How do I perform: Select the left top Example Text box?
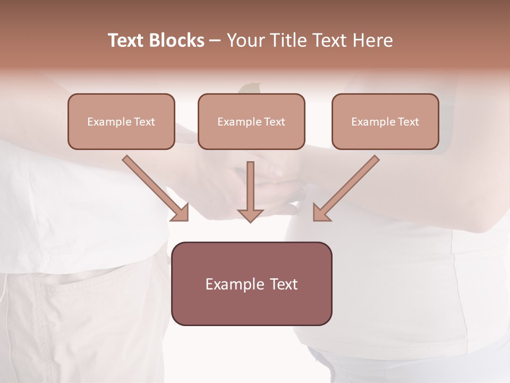pyautogui.click(x=121, y=121)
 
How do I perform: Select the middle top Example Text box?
pyautogui.click(x=251, y=121)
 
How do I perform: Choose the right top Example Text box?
pyautogui.click(x=385, y=121)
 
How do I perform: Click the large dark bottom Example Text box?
pyautogui.click(x=251, y=284)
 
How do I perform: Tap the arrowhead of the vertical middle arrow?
pyautogui.click(x=250, y=215)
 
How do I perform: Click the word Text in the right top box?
pyautogui.click(x=408, y=122)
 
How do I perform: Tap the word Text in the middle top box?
pyautogui.click(x=275, y=122)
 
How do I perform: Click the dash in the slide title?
pyautogui.click(x=215, y=40)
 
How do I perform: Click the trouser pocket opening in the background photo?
pyautogui.click(x=80, y=276)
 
